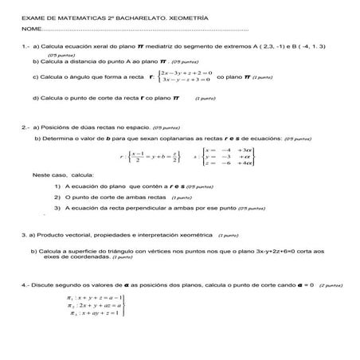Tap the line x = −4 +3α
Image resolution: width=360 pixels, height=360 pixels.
(229, 149)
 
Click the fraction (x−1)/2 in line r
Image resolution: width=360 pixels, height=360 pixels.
(137, 156)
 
